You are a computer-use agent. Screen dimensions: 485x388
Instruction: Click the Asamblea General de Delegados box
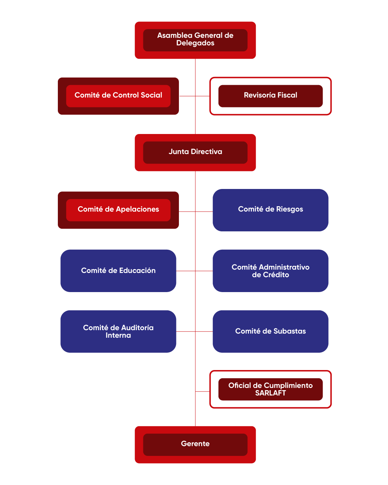(x=195, y=40)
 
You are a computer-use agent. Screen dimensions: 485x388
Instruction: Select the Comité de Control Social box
(x=118, y=96)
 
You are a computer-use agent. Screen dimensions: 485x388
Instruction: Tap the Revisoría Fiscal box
(x=270, y=96)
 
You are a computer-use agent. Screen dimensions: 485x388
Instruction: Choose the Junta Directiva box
(x=195, y=152)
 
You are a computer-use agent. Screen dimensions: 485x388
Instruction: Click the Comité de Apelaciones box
(x=118, y=210)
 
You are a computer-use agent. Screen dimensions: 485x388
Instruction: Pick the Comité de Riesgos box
(x=270, y=210)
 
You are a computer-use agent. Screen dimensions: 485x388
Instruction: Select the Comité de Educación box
(x=118, y=271)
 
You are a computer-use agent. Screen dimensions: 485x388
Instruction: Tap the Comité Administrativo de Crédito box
(x=270, y=271)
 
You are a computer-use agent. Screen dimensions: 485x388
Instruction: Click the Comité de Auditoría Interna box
(x=118, y=331)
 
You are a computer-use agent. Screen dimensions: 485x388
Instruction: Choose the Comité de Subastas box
(x=270, y=331)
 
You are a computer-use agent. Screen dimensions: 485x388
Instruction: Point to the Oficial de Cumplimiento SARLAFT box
(x=270, y=389)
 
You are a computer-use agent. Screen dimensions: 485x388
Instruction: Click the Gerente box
(x=195, y=444)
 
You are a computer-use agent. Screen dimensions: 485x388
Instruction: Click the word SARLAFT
(x=271, y=393)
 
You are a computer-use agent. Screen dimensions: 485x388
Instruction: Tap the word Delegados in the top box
(x=195, y=43)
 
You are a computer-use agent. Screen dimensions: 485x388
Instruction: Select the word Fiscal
(x=287, y=95)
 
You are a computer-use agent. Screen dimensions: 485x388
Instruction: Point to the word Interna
(x=118, y=335)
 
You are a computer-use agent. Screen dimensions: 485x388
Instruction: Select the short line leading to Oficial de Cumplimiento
(x=203, y=391)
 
